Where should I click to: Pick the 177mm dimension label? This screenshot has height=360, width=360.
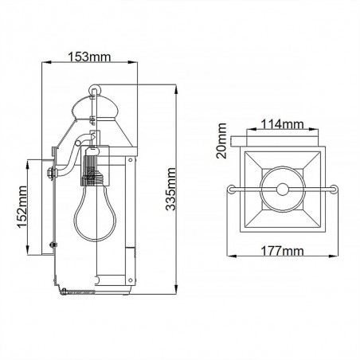coord(283,252)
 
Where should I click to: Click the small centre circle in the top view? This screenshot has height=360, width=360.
coord(282,190)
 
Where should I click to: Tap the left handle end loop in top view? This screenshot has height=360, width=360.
coord(233,190)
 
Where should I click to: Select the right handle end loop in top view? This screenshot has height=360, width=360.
coord(334,190)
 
